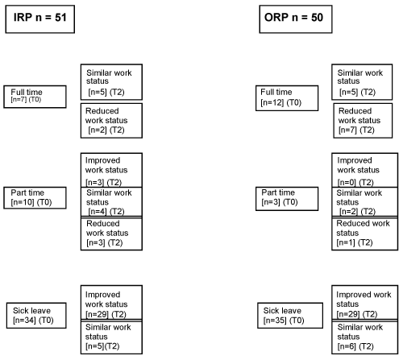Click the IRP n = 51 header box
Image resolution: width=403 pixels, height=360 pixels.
[x=40, y=19]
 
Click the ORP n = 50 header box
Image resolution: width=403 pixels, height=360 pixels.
[x=296, y=19]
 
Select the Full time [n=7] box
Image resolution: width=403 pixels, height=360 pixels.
[x=35, y=97]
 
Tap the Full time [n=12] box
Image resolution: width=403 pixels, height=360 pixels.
[x=287, y=98]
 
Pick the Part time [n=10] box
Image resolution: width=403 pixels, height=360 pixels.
[x=35, y=198]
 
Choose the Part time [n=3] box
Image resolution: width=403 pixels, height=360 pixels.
[x=287, y=199]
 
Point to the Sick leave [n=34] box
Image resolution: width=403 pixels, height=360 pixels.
[x=36, y=316]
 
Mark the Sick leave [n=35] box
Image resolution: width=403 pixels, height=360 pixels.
[x=290, y=316]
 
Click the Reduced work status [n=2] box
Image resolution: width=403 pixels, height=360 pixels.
[x=111, y=121]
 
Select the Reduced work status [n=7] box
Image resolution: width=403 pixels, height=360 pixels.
[x=363, y=121]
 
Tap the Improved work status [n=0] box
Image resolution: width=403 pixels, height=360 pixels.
[x=365, y=170]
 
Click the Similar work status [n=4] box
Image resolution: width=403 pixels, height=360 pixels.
[x=111, y=201]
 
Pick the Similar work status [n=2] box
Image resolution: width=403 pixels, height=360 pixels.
[x=365, y=201]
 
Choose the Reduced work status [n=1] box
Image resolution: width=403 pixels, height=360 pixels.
[x=365, y=234]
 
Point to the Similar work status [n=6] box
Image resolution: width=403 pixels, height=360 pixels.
[x=365, y=337]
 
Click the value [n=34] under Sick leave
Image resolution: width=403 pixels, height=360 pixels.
[x=24, y=321]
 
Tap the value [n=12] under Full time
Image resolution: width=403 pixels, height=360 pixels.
[x=272, y=102]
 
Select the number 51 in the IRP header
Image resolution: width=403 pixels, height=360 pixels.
[x=60, y=18]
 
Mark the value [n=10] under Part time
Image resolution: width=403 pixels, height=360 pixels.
[x=23, y=202]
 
